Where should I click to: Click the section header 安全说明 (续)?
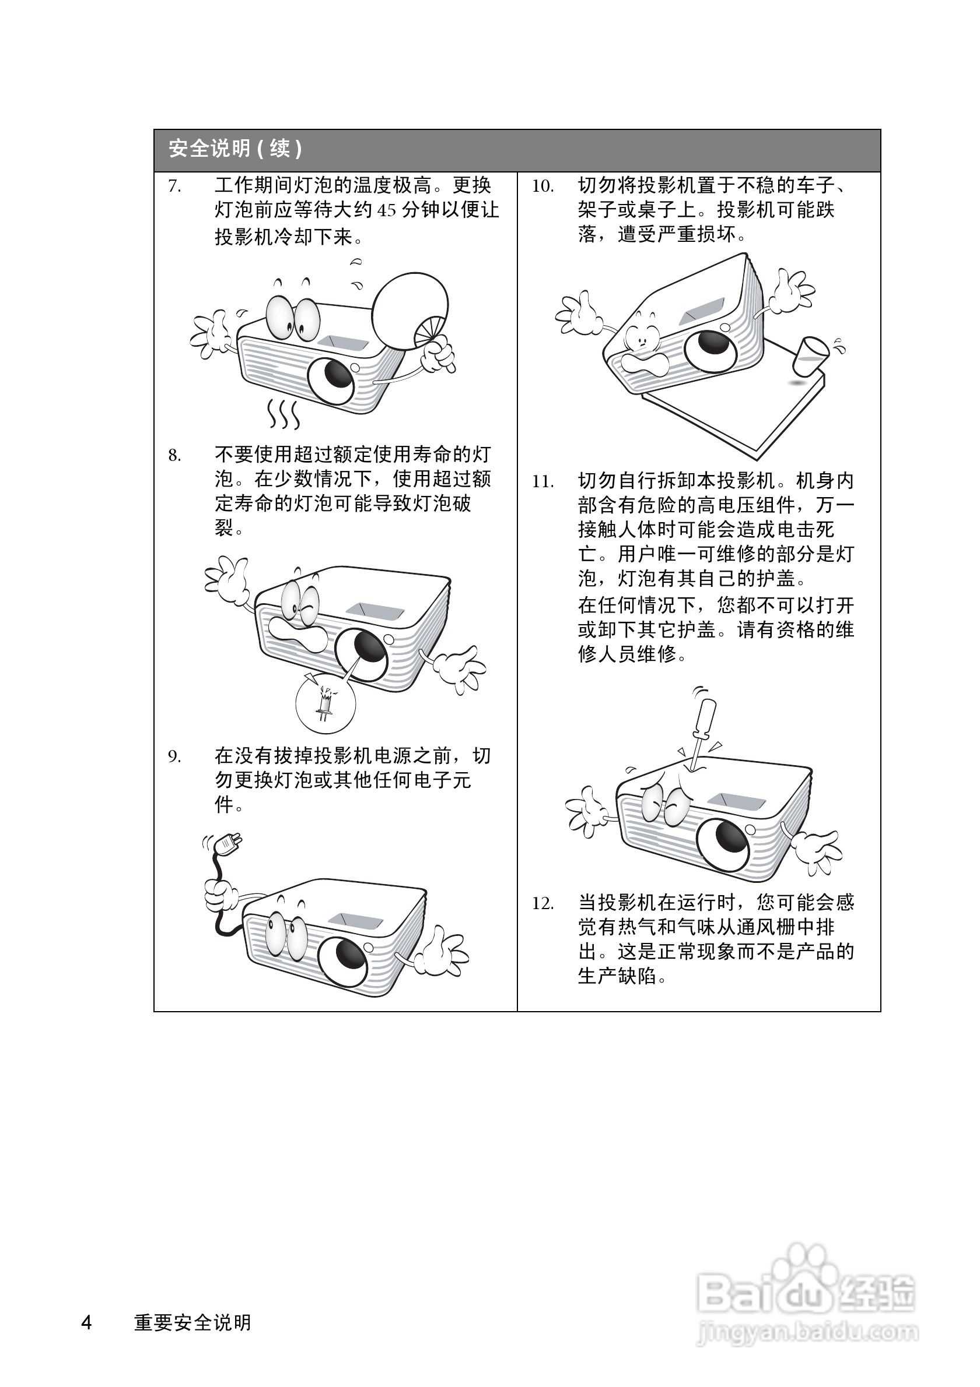click(235, 149)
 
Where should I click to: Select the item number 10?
click(542, 186)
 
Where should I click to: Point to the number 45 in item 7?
click(387, 211)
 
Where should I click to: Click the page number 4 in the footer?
click(87, 1322)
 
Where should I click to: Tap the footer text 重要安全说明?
click(192, 1322)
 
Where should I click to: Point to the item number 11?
click(542, 482)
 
